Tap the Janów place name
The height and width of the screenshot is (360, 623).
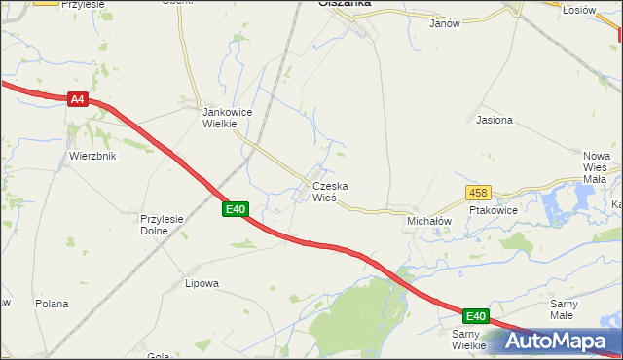444,22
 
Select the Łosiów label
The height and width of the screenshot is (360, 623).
578,9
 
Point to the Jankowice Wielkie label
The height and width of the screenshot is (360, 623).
226,118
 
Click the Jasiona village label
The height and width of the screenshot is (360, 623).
494,121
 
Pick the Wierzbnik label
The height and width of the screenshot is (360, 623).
92,156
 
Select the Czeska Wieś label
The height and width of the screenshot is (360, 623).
330,191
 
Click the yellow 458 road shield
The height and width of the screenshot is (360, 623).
477,193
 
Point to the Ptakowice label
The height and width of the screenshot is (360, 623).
493,209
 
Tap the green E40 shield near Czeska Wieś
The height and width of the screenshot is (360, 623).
236,209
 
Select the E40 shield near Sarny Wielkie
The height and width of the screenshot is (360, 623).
474,316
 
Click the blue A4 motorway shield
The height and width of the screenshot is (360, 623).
79,99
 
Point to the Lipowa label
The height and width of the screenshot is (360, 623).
202,284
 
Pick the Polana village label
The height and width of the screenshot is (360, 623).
52,304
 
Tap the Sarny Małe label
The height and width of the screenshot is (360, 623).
563,309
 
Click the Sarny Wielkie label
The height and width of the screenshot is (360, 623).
468,340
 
